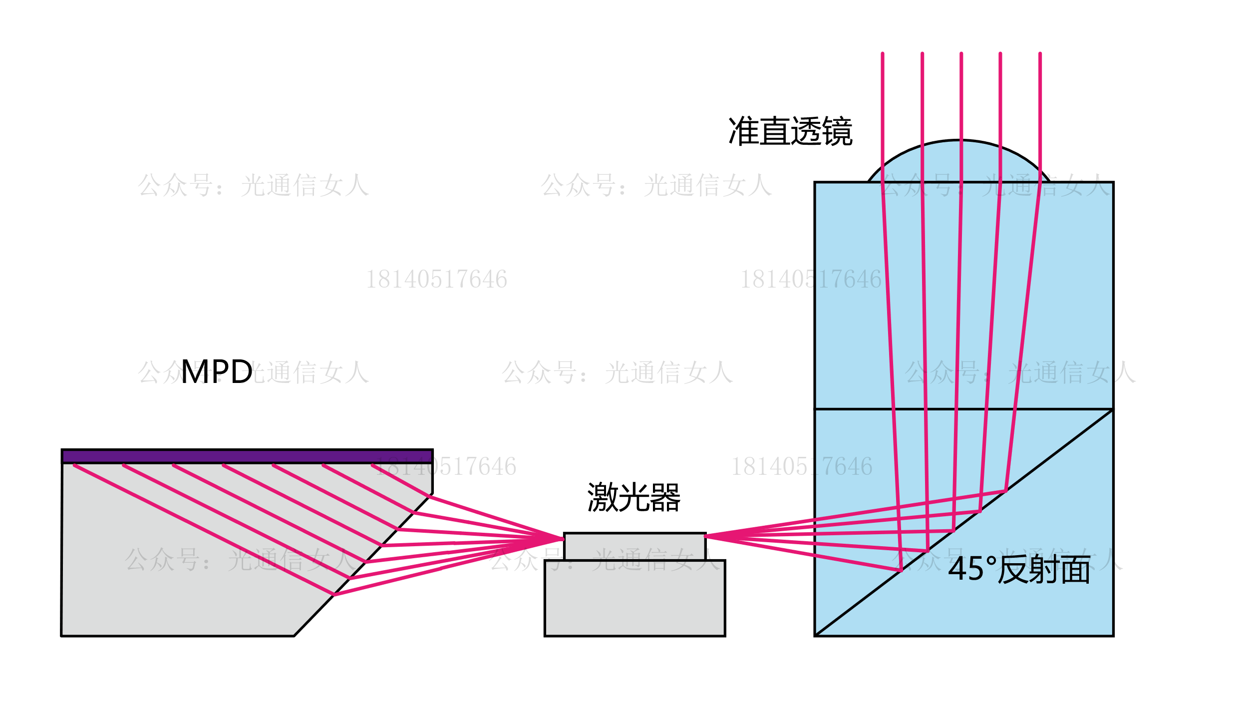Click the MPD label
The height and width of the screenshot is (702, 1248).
(x=217, y=372)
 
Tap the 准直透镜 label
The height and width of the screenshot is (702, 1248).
(x=790, y=131)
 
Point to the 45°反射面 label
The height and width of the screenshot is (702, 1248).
(x=1019, y=569)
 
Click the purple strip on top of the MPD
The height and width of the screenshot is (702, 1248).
(x=247, y=456)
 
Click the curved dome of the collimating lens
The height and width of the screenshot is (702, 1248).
(x=958, y=160)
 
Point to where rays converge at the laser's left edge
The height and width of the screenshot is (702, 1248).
(x=563, y=539)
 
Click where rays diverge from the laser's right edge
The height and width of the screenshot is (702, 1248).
(x=706, y=536)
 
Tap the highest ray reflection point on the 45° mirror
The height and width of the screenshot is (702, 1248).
(x=1005, y=491)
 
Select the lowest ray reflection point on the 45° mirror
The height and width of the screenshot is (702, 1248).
(x=901, y=570)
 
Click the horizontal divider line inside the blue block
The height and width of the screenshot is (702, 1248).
(x=963, y=409)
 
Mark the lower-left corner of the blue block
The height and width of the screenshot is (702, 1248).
(x=815, y=636)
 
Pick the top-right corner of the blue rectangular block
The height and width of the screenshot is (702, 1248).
(x=1113, y=183)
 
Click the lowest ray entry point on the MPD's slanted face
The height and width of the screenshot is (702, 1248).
(x=333, y=595)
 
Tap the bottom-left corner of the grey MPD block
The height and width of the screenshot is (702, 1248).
(x=61, y=636)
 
